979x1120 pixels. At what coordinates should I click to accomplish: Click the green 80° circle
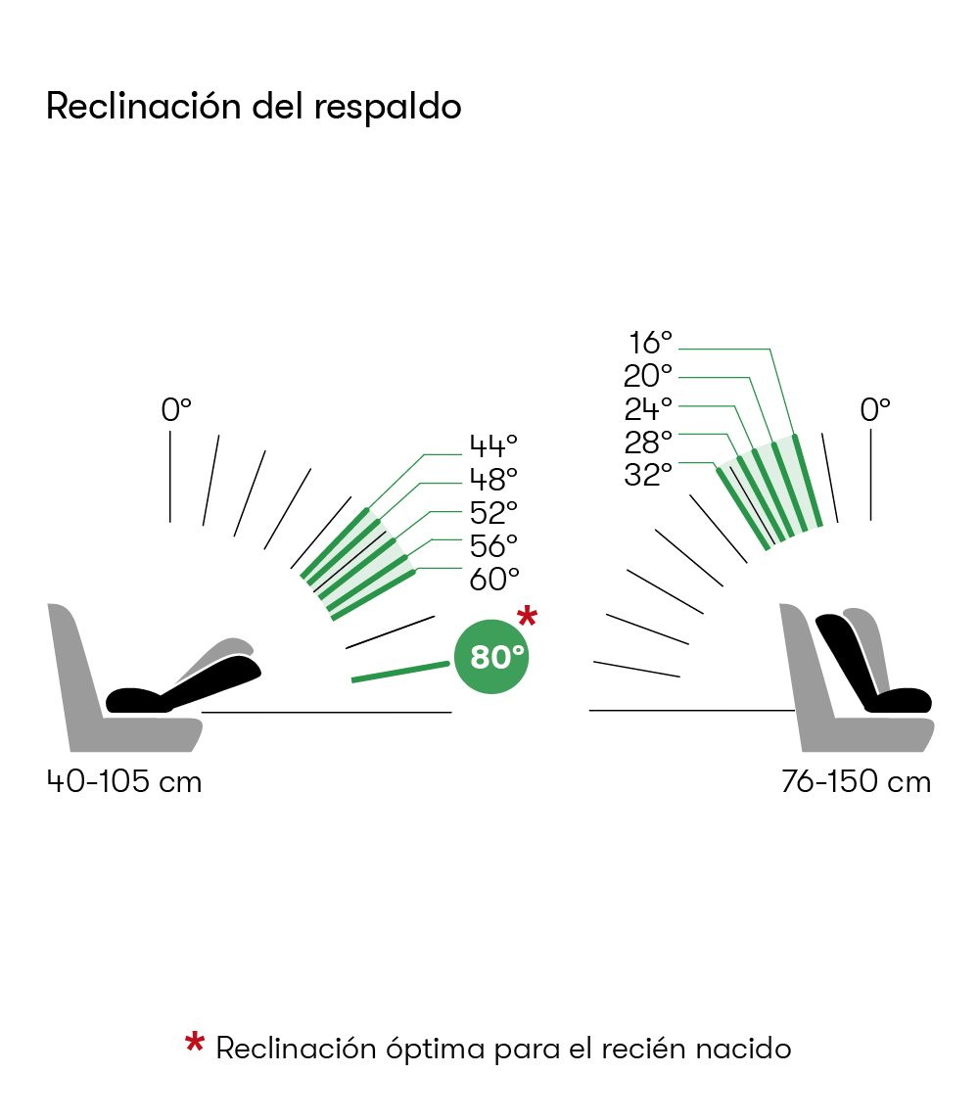491,656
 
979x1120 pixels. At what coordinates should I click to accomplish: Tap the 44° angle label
492,446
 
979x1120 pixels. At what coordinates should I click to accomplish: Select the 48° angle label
492,480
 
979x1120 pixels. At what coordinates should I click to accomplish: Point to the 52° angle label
492,513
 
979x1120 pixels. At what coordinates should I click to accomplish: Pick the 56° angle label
492,545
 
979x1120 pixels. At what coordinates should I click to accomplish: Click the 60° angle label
492,579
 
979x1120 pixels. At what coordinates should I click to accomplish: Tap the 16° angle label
650,343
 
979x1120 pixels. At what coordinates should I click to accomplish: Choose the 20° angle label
648,375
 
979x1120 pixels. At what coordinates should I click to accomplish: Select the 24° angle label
648,408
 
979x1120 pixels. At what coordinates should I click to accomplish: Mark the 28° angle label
648,441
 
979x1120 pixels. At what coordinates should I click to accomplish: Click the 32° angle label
648,474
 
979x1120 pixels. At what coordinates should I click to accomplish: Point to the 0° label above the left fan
176,409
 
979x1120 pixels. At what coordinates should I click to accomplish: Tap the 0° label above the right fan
874,409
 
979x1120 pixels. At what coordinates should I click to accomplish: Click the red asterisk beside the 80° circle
527,617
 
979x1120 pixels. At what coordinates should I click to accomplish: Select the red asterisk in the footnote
195,1044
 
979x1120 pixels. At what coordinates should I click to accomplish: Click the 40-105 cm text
124,782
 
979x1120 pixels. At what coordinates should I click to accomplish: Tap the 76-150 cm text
856,782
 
